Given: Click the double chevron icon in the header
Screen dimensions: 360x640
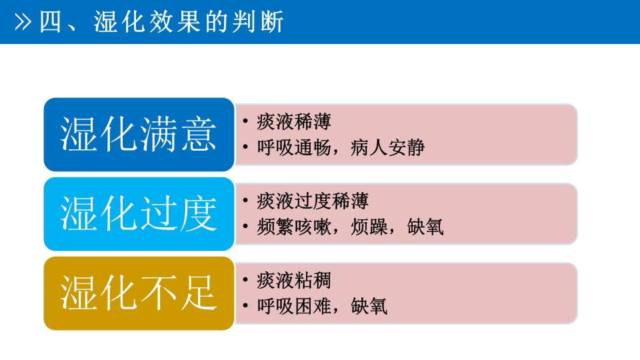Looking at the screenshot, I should click(x=23, y=22).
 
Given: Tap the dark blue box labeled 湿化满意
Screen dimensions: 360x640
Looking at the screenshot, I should click(x=139, y=135).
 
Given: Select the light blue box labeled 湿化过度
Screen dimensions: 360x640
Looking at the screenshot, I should click(x=139, y=214).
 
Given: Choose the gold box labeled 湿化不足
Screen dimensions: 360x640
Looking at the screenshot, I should click(x=139, y=293).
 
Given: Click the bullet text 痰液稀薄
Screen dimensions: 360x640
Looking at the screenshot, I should click(x=293, y=122).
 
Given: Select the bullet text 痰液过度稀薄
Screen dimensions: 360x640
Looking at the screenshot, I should click(x=312, y=201).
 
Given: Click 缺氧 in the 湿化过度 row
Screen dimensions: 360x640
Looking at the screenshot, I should click(x=425, y=227).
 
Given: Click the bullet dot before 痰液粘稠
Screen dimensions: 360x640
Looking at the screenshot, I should click(x=246, y=280).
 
